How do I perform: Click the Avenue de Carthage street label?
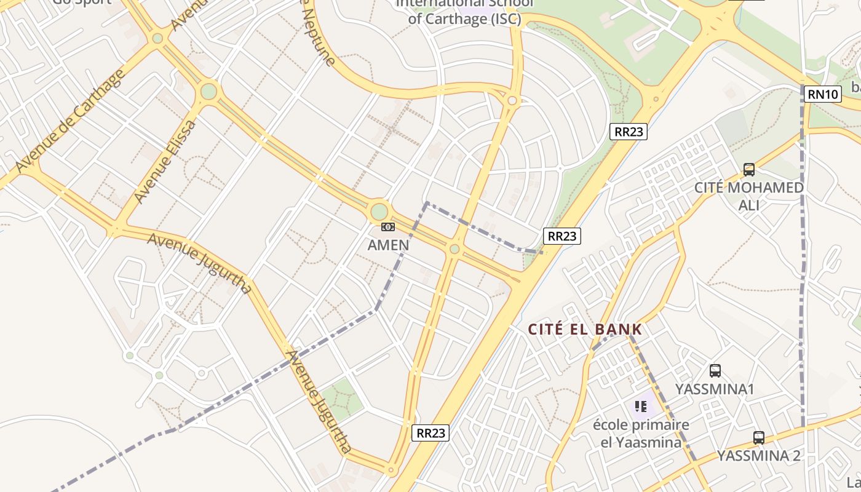(71, 121)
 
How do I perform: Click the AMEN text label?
(388, 245)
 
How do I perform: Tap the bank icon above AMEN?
(387, 227)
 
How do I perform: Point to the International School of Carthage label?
(464, 11)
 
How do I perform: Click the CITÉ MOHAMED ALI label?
(748, 196)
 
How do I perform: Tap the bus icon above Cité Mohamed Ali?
(748, 170)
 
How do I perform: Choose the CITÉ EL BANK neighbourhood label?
(585, 330)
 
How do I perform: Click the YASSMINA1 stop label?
(715, 389)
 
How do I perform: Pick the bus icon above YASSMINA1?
(715, 371)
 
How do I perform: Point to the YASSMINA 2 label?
(759, 456)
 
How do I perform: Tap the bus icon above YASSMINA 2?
(759, 438)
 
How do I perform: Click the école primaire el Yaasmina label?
(641, 433)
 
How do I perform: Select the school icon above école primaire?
(641, 407)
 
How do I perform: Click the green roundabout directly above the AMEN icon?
(379, 212)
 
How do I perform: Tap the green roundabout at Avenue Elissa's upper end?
(208, 92)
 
